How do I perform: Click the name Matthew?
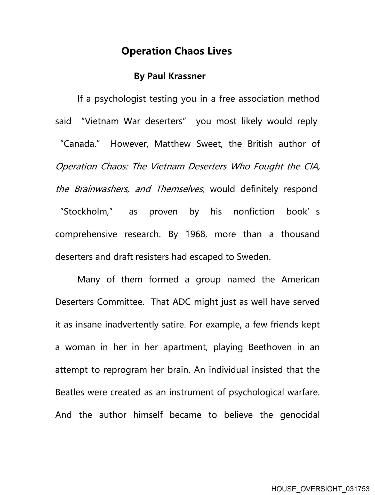(x=172, y=144)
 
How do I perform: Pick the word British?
(x=260, y=144)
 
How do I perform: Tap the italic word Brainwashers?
(x=101, y=189)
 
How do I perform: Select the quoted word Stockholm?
(x=86, y=212)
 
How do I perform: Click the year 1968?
(x=196, y=234)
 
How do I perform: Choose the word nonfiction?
(x=254, y=212)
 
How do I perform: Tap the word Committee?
(x=121, y=302)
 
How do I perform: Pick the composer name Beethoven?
(x=270, y=347)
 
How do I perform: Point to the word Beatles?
(x=70, y=392)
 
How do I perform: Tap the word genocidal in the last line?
(x=300, y=415)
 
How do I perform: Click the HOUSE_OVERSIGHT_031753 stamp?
(x=320, y=489)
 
